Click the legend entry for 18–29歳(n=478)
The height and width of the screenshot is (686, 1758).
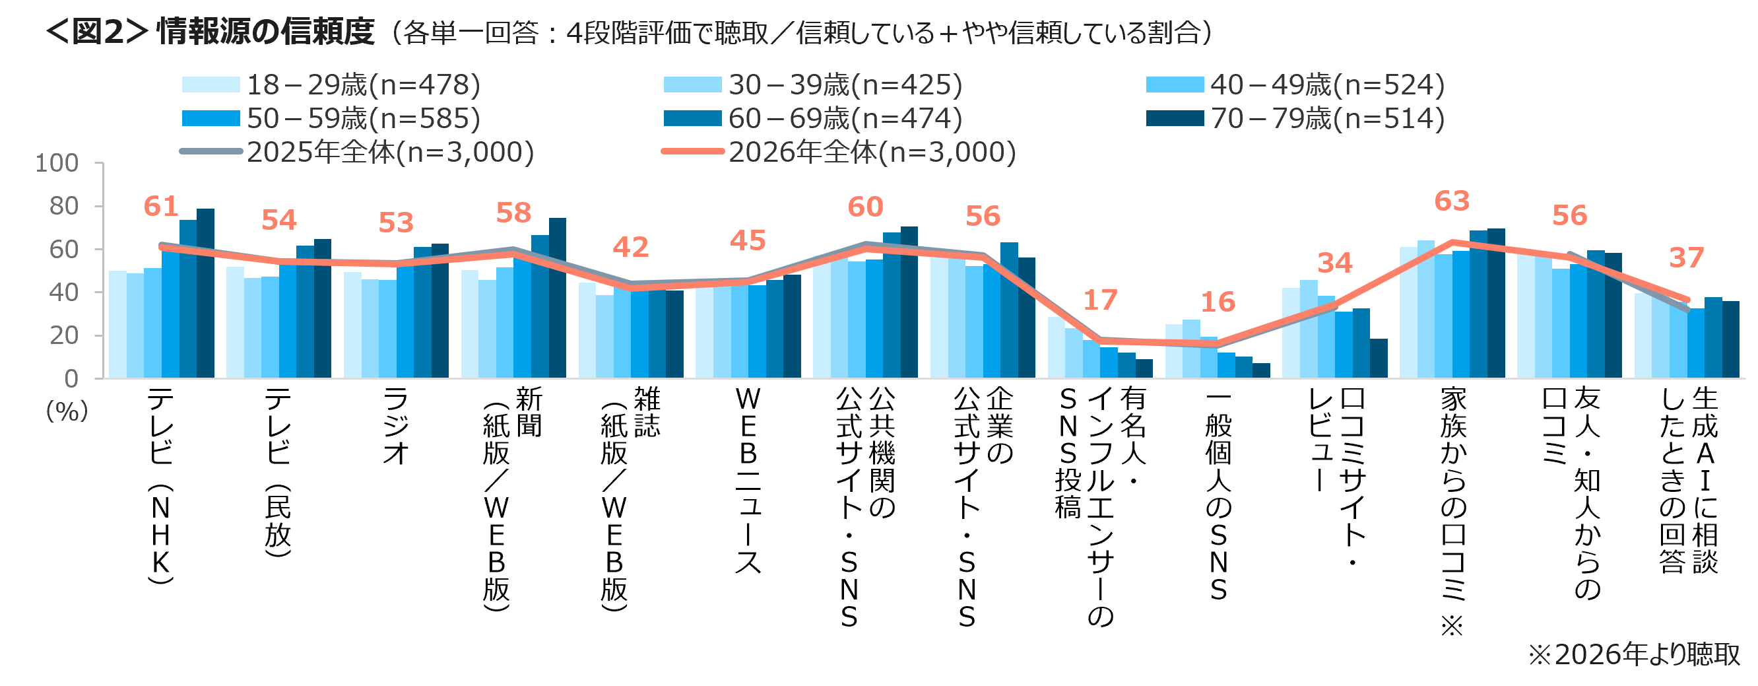pyautogui.click(x=332, y=85)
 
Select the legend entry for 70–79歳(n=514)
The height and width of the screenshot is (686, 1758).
pyautogui.click(x=1295, y=118)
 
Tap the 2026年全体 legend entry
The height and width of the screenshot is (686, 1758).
pyautogui.click(x=839, y=152)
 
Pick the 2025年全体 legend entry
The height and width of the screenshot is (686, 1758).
pyautogui.click(x=357, y=152)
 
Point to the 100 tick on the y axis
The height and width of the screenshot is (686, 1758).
pyautogui.click(x=57, y=163)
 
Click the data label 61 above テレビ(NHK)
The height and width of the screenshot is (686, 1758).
pyautogui.click(x=161, y=206)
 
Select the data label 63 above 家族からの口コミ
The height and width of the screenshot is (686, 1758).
pyautogui.click(x=1452, y=201)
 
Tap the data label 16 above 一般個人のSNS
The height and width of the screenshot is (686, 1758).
pyautogui.click(x=1218, y=302)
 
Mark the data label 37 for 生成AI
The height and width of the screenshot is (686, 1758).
pyautogui.click(x=1686, y=257)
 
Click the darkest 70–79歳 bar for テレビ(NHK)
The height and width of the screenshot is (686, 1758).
pyautogui.click(x=205, y=293)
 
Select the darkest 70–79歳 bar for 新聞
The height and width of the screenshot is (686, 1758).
pyautogui.click(x=558, y=298)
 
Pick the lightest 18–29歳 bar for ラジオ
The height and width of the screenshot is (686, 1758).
pyautogui.click(x=352, y=325)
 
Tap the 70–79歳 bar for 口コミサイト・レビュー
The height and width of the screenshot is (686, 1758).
pyautogui.click(x=1379, y=359)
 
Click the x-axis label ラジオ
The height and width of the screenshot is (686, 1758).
pyautogui.click(x=396, y=425)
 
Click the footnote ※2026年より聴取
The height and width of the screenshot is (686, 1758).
pyautogui.click(x=1634, y=654)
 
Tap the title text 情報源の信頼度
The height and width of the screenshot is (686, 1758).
pyautogui.click(x=265, y=32)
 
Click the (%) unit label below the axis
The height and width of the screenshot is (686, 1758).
pyautogui.click(x=67, y=411)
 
